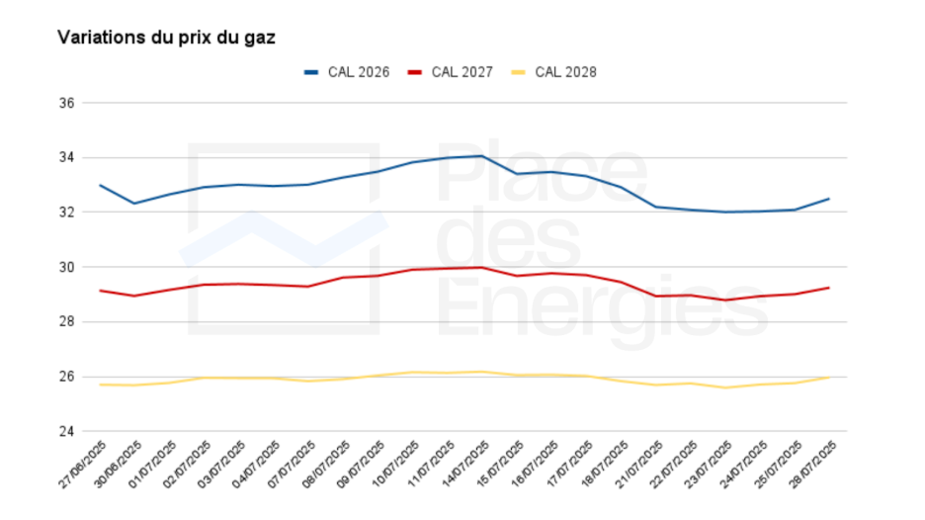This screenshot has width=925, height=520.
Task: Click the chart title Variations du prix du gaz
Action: (x=166, y=38)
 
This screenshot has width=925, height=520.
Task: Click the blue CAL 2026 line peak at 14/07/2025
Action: (x=481, y=156)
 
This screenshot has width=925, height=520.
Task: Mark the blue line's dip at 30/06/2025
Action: (x=134, y=204)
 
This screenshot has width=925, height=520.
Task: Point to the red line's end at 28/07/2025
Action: (x=828, y=288)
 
